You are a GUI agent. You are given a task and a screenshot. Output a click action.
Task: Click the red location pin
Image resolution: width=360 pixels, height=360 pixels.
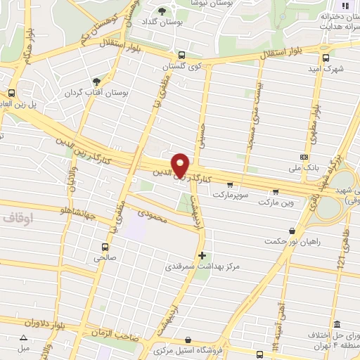(180, 165)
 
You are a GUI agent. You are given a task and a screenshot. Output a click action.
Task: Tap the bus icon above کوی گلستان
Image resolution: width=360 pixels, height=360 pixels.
(181, 55)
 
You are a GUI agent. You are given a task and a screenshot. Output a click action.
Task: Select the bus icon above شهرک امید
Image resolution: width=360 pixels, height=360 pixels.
(325, 58)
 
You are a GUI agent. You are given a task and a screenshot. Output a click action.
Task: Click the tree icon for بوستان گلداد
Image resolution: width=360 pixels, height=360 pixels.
(162, 11)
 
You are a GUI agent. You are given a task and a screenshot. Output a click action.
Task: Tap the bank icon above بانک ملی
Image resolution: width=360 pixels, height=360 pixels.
(304, 156)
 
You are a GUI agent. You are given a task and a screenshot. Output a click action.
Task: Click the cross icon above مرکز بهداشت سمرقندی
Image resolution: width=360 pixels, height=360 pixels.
(202, 255)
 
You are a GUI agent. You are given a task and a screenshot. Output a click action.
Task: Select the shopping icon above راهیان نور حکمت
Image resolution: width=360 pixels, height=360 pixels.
(292, 230)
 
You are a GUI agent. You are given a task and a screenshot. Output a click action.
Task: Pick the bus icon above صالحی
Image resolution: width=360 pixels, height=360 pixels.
(105, 247)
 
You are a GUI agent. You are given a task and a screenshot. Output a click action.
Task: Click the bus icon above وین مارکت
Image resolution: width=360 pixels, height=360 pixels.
(275, 191)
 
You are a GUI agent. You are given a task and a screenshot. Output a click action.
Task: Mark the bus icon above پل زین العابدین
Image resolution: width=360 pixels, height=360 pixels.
(11, 93)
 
